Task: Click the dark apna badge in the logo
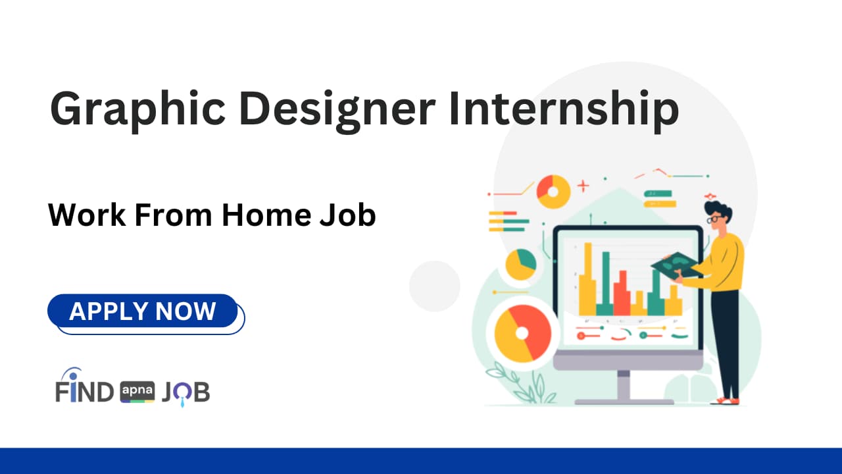coord(137,392)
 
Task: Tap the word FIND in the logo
coord(85,392)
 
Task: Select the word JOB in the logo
coord(185,392)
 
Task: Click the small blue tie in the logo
coord(182,401)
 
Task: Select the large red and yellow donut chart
coord(523,333)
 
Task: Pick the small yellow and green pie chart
coord(520,264)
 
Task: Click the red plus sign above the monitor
coord(583,187)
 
